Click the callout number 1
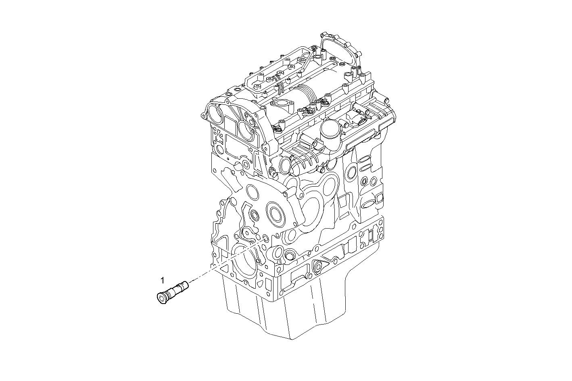(162, 279)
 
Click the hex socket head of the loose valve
(162, 298)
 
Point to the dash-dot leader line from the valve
(226, 262)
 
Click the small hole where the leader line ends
(265, 239)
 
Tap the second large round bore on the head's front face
(246, 129)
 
